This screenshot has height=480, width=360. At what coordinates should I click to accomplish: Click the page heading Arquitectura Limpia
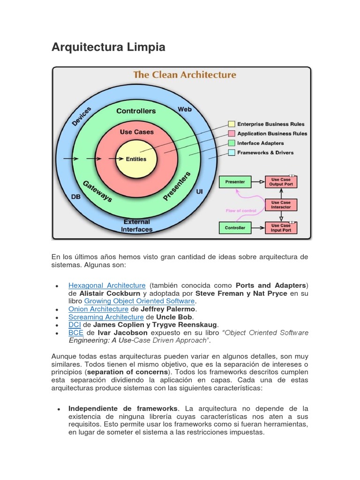point(108,47)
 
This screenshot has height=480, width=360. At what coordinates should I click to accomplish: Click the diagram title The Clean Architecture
point(185,75)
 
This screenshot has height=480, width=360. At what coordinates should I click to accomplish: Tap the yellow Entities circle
point(136,159)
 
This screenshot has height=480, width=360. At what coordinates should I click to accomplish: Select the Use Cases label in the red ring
point(137,132)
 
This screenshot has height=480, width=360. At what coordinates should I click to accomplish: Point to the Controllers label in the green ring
point(136,111)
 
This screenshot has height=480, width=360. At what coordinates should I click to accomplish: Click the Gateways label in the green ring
point(97,191)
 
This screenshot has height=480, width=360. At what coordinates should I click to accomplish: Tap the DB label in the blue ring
point(75,197)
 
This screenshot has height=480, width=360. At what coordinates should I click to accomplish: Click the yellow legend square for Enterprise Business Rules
point(232,124)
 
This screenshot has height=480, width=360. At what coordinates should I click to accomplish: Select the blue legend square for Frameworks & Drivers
point(232,153)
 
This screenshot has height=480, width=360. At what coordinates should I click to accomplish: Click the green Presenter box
point(235,181)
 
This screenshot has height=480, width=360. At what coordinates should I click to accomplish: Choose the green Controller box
point(235,228)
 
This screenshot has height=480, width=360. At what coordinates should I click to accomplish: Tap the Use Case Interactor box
point(281,204)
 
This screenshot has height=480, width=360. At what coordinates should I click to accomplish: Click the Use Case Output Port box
point(281,181)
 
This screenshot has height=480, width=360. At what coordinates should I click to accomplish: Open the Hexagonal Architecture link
point(107,285)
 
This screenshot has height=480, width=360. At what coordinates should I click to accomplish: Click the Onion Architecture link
point(98,309)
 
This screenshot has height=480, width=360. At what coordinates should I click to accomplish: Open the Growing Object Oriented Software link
point(139,301)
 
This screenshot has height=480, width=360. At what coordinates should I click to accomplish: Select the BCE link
point(75,333)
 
